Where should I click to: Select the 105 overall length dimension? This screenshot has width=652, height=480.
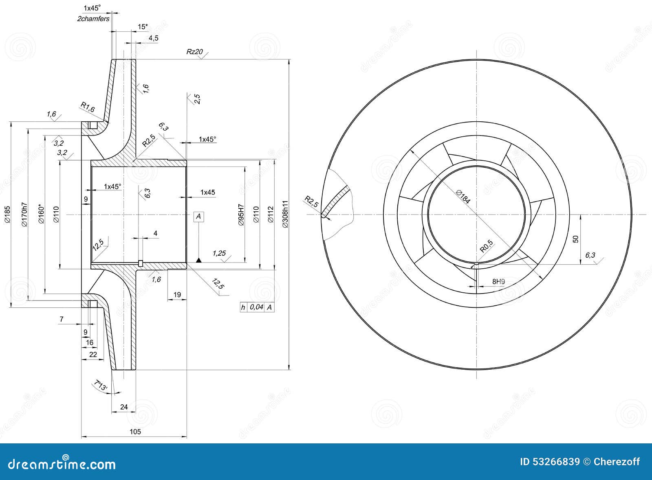tap(135, 432)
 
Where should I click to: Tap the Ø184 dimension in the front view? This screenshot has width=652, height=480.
tap(463, 197)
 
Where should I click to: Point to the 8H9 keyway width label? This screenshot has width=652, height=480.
tap(498, 281)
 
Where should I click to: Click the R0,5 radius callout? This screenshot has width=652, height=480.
tap(486, 246)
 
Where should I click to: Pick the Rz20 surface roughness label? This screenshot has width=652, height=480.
tap(194, 51)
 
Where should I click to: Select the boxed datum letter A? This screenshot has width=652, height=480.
tap(198, 217)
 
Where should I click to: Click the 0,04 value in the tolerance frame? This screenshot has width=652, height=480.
tap(256, 307)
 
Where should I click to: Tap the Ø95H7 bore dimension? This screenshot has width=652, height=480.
tap(240, 215)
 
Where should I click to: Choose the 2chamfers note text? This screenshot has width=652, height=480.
tap(93, 19)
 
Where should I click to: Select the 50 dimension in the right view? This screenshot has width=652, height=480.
tap(575, 239)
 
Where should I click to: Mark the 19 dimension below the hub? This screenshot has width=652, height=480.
tap(177, 294)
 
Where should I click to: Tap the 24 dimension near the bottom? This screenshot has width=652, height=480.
tap(124, 407)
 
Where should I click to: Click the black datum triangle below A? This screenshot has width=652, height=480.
tap(198, 260)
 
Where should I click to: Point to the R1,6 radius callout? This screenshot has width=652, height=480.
tap(88, 107)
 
